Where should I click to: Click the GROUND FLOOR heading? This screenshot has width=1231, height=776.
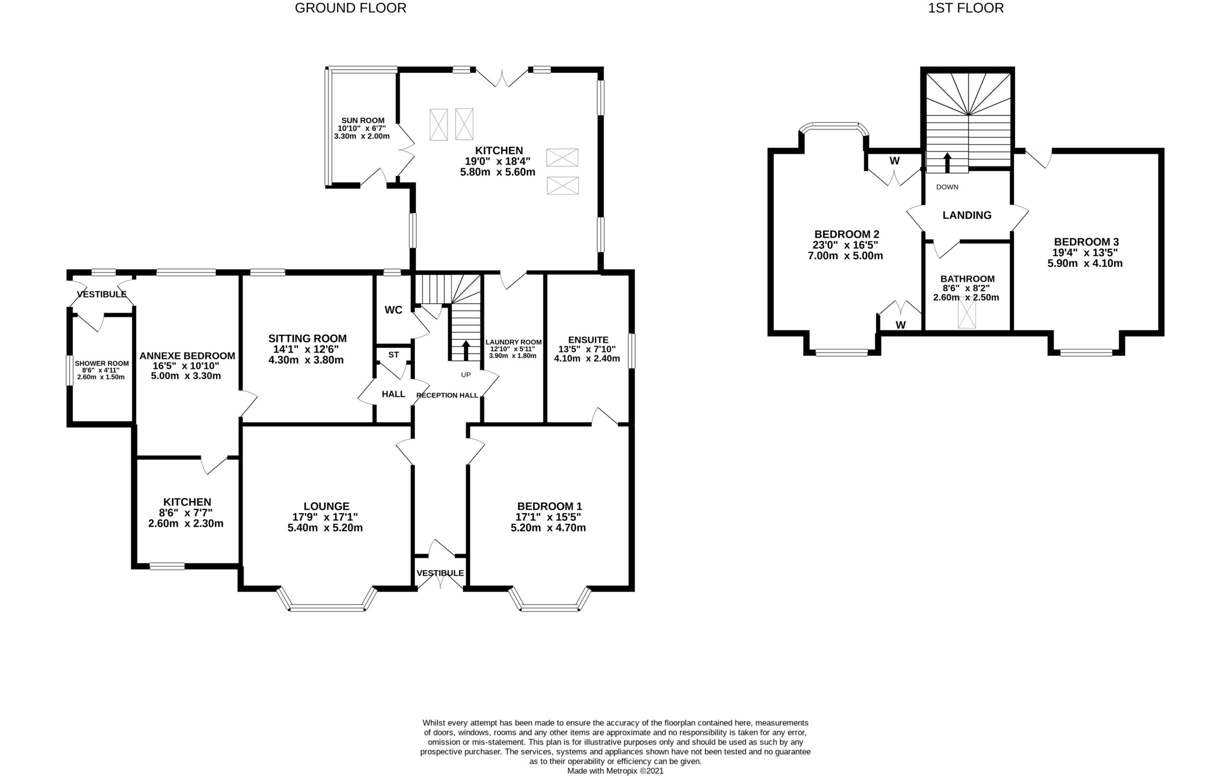350,8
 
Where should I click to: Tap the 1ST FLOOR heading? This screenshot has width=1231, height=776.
966,8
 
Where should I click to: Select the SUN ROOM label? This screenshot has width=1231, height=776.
363,121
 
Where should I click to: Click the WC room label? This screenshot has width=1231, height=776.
393,310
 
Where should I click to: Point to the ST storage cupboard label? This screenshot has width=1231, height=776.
393,355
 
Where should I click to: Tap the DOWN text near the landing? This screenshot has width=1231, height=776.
947,187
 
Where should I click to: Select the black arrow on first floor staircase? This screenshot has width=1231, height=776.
947,162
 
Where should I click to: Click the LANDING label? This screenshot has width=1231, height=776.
967,216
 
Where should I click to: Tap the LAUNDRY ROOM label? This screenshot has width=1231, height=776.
513,342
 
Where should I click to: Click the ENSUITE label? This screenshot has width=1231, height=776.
588,340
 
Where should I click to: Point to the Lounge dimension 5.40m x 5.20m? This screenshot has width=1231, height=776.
325,528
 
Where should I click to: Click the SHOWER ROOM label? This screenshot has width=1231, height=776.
102,363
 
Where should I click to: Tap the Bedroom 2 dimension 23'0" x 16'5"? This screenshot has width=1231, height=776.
845,245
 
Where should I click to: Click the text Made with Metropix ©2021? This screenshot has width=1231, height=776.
615,771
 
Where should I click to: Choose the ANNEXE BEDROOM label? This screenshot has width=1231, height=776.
187,356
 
